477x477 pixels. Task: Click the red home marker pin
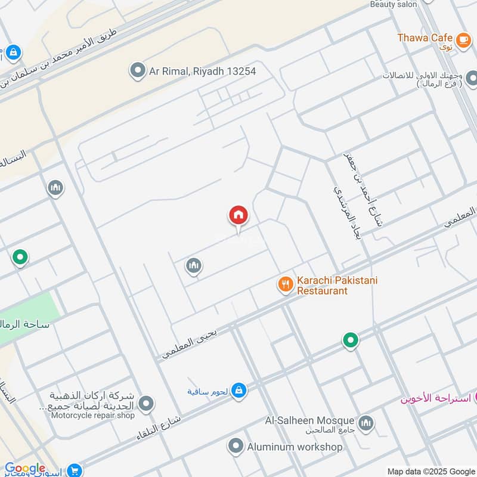(238, 215)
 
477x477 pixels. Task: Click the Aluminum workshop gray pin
(236, 446)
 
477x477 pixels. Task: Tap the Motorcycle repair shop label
(93, 415)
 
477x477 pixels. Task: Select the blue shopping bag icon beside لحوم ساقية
(238, 391)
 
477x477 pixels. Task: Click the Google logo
(24, 469)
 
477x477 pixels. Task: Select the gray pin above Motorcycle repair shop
(145, 403)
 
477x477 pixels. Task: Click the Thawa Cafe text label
(425, 38)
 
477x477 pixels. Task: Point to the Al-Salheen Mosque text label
(310, 421)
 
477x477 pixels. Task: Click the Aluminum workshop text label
(295, 447)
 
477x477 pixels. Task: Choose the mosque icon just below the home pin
(193, 266)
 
